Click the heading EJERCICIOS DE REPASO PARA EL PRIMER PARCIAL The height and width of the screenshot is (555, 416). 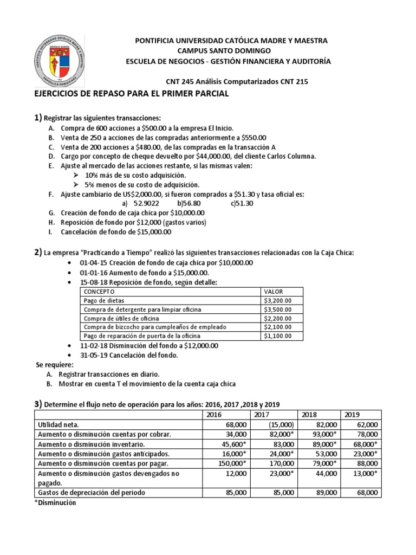pyautogui.click(x=132, y=94)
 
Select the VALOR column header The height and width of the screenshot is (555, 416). pyautogui.click(x=274, y=291)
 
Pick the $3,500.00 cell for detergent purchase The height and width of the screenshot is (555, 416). pyautogui.click(x=278, y=309)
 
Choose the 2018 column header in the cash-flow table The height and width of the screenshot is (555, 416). pyautogui.click(x=309, y=414)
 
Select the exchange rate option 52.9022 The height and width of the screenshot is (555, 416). pyautogui.click(x=146, y=203)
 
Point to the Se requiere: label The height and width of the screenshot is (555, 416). pyautogui.click(x=54, y=365)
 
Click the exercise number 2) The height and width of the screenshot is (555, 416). pyautogui.click(x=38, y=252)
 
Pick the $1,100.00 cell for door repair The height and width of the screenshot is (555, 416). pyautogui.click(x=278, y=336)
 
